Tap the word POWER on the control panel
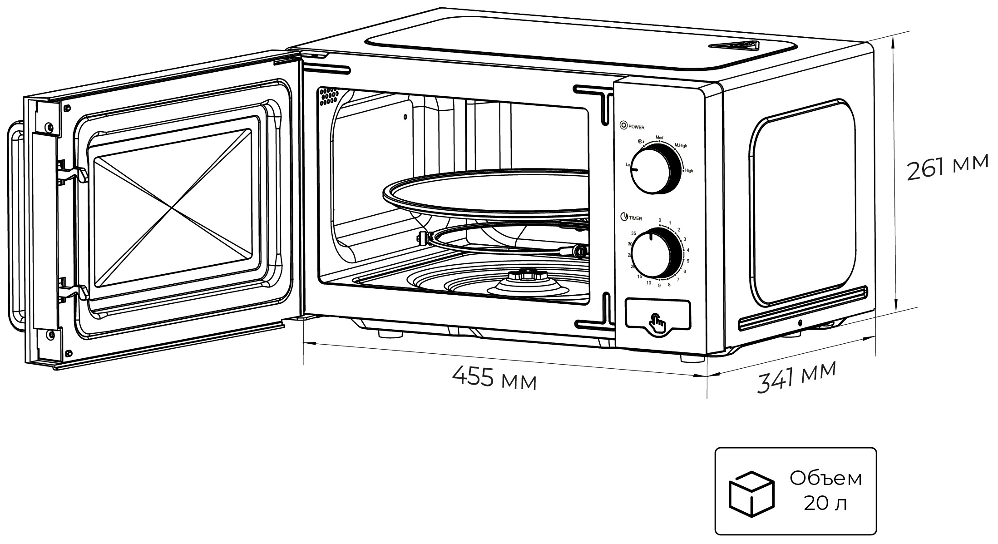click(637, 128)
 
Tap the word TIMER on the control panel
click(635, 218)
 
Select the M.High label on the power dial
click(680, 146)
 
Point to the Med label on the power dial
click(659, 137)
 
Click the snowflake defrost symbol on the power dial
click(641, 142)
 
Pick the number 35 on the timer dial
click(633, 233)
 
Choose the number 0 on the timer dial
click(660, 220)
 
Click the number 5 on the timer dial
click(688, 261)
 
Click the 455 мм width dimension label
click(494, 378)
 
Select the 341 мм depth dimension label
click(795, 377)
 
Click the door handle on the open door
click(15, 225)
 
